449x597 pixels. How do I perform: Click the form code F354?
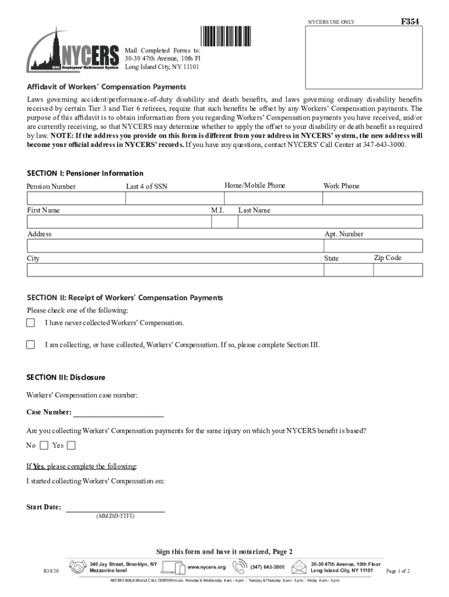(410, 22)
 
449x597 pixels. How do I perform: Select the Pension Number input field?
(76, 199)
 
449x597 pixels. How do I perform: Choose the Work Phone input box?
(373, 199)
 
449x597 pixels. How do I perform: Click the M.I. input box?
(222, 222)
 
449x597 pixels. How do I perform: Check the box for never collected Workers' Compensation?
(31, 322)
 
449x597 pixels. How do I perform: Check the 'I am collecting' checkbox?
(31, 345)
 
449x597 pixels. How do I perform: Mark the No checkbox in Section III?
(44, 445)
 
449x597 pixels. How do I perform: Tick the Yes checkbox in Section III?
(71, 445)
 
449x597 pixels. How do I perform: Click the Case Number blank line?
(118, 413)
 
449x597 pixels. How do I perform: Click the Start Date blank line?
(115, 508)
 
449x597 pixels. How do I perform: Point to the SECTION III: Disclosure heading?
(66, 378)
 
